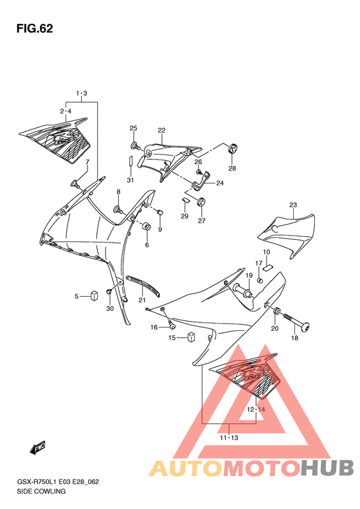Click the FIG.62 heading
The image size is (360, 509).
click(35, 28)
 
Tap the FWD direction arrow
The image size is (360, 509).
click(37, 448)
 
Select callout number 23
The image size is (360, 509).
click(293, 205)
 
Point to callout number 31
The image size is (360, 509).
click(130, 180)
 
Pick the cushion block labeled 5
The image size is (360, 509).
click(94, 295)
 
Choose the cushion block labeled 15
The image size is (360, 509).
click(192, 337)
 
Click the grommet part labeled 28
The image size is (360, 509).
click(233, 149)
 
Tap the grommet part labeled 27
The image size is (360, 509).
click(202, 202)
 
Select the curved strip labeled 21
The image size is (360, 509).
click(143, 286)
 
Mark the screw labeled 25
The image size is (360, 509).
click(135, 146)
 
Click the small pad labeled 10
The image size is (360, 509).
click(268, 267)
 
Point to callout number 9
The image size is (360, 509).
click(160, 230)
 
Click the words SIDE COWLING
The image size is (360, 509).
click(41, 491)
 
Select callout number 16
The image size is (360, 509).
click(154, 327)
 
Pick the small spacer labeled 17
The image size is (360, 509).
click(260, 279)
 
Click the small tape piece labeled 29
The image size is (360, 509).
click(185, 200)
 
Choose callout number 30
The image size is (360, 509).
click(110, 308)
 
